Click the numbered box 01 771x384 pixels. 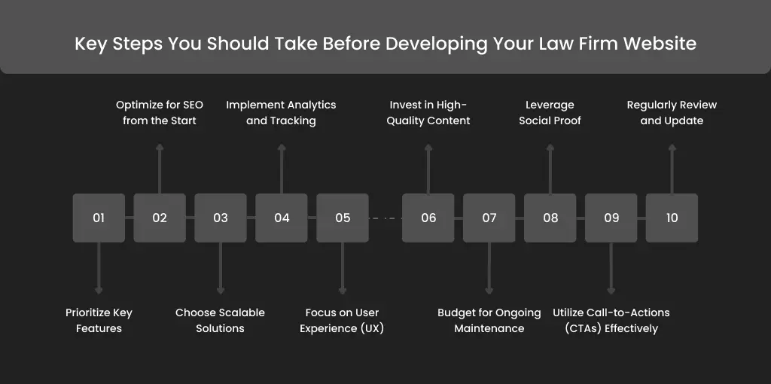pyautogui.click(x=99, y=218)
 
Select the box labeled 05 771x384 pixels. pyautogui.click(x=343, y=218)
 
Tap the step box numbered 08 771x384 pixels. pyautogui.click(x=550, y=218)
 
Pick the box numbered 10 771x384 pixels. pyautogui.click(x=672, y=218)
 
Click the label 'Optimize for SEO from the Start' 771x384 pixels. pyautogui.click(x=160, y=113)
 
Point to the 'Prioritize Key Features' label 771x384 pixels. pyautogui.click(x=99, y=321)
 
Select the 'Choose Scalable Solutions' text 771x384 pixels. pyautogui.click(x=221, y=321)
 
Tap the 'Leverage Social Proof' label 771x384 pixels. pyautogui.click(x=550, y=113)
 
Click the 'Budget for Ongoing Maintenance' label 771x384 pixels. pyautogui.click(x=489, y=321)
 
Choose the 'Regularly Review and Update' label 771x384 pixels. pyautogui.click(x=672, y=113)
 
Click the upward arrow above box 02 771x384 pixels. pyautogui.click(x=160, y=169)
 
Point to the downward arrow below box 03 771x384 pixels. pyautogui.click(x=221, y=269)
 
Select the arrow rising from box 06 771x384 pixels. pyautogui.click(x=428, y=169)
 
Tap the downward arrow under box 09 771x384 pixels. pyautogui.click(x=611, y=269)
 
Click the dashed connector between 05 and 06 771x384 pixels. pyautogui.click(x=385, y=218)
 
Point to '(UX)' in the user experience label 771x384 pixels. pyautogui.click(x=371, y=328)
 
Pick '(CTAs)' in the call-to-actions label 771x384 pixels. pyautogui.click(x=584, y=328)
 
